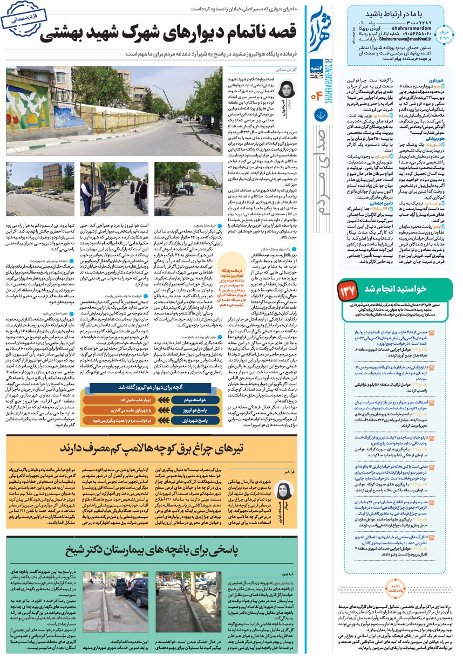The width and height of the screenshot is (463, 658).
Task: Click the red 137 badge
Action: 348,290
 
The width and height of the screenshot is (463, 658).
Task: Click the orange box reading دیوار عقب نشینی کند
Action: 139,400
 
